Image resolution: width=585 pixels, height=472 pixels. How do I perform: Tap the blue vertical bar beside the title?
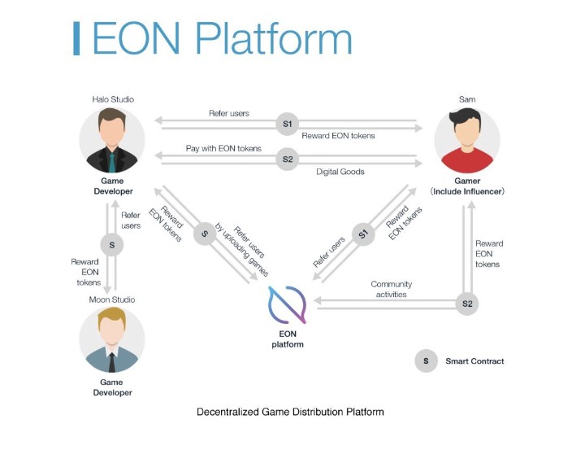point(76,39)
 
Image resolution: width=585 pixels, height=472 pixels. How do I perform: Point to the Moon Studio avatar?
point(113,339)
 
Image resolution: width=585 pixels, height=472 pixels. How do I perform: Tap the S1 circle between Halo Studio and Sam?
point(286,124)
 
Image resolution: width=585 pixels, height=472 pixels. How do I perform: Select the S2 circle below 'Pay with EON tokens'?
point(286,160)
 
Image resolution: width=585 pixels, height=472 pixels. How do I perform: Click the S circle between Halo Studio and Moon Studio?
point(113,243)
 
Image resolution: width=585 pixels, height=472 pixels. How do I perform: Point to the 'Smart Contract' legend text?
point(474,361)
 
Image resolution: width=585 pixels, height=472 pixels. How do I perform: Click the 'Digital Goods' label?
point(340,172)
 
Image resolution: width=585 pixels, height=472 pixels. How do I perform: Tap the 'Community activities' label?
point(392,289)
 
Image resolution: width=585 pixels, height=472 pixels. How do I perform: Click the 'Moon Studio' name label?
point(112,299)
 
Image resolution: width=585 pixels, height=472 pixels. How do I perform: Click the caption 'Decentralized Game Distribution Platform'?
point(290,412)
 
